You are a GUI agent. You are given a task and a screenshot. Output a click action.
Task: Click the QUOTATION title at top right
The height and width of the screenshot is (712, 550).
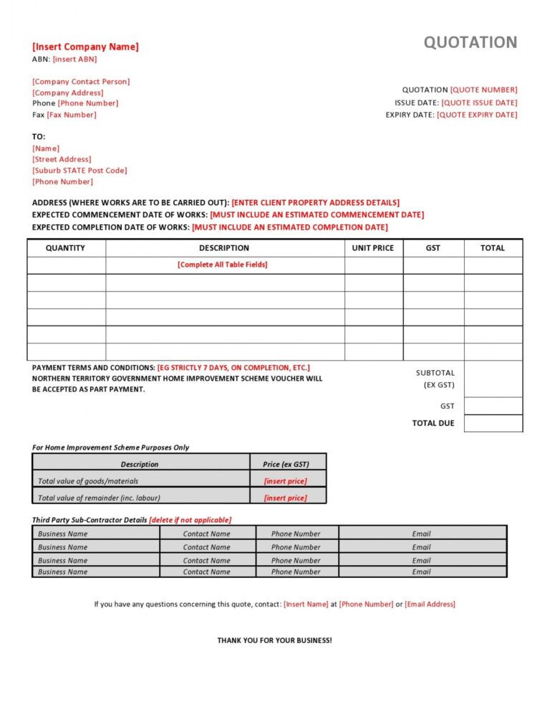pyautogui.click(x=470, y=42)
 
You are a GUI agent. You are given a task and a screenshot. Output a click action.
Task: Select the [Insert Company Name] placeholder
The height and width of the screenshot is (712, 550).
pyautogui.click(x=85, y=47)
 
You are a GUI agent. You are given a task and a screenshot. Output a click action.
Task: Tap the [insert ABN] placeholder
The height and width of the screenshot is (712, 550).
pyautogui.click(x=74, y=60)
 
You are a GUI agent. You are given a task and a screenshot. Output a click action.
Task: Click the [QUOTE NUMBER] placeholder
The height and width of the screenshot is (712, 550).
pyautogui.click(x=483, y=90)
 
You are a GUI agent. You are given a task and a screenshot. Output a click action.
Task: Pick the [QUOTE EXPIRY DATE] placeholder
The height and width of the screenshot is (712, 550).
pyautogui.click(x=477, y=115)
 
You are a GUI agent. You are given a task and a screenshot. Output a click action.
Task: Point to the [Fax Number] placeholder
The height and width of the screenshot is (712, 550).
pyautogui.click(x=72, y=115)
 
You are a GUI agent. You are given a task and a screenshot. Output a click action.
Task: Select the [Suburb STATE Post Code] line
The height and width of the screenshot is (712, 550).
pyautogui.click(x=79, y=171)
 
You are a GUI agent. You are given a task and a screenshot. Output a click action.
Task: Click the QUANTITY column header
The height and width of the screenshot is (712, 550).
pyautogui.click(x=65, y=248)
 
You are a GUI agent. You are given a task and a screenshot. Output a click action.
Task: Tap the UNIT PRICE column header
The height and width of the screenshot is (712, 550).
pyautogui.click(x=373, y=248)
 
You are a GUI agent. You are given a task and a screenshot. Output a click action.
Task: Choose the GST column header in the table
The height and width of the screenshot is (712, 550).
pyautogui.click(x=433, y=248)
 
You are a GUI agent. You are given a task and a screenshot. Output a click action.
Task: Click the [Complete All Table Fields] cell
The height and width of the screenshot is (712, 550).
pyautogui.click(x=223, y=265)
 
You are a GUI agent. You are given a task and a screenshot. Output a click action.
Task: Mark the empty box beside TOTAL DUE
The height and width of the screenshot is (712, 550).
pyautogui.click(x=493, y=423)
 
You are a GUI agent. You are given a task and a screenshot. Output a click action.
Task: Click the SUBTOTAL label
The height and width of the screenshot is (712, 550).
pyautogui.click(x=435, y=373)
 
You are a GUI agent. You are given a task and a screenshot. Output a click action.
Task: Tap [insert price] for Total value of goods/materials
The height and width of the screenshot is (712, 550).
pyautogui.click(x=286, y=481)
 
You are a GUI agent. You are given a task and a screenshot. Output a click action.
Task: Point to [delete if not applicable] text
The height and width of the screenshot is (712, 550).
pyautogui.click(x=190, y=520)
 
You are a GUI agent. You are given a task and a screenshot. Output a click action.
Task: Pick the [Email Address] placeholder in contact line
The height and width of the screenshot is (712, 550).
pyautogui.click(x=430, y=604)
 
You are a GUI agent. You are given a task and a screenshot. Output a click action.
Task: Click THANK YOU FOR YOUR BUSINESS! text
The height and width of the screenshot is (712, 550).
pyautogui.click(x=274, y=640)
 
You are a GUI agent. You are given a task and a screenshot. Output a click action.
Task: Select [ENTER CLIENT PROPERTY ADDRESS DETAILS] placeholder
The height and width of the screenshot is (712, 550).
pyautogui.click(x=316, y=203)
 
